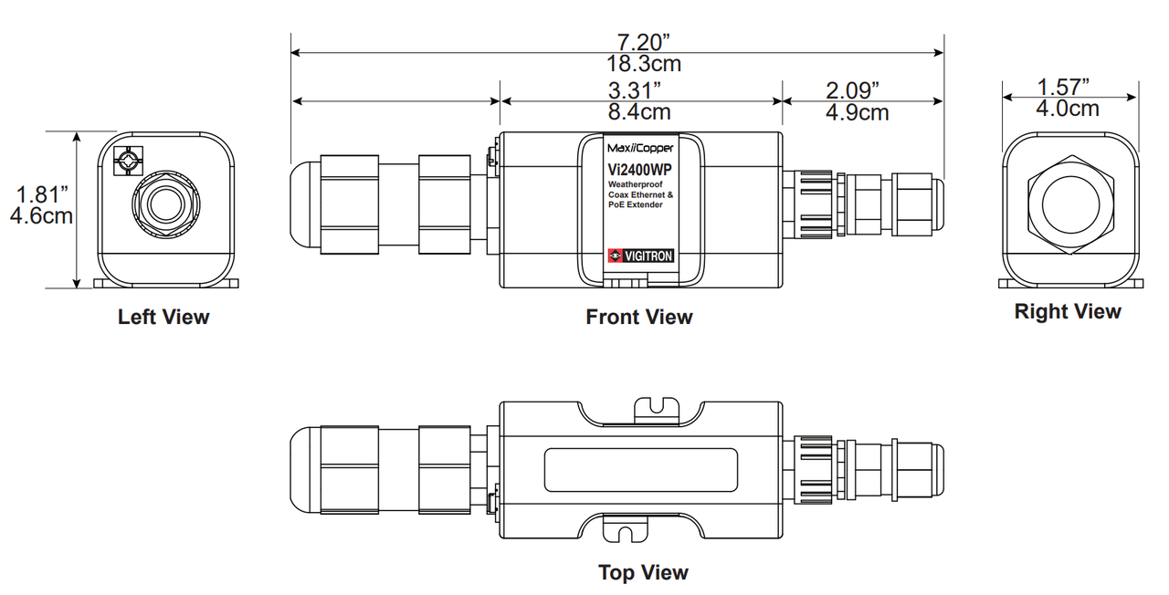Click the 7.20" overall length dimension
(644, 42)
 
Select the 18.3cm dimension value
(644, 64)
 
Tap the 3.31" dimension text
(635, 90)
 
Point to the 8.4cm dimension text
(639, 111)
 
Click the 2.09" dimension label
(852, 90)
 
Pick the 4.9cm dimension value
(858, 112)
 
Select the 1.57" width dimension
(1063, 87)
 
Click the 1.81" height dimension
(42, 194)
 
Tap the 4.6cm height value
(41, 216)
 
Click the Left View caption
(163, 317)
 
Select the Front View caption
(639, 317)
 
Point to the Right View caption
(1068, 311)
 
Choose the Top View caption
(644, 572)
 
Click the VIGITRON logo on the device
(641, 256)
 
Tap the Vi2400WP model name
(640, 170)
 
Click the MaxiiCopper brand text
(640, 148)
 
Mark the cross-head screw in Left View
(128, 162)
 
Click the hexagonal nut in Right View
(1071, 204)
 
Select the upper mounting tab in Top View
(657, 410)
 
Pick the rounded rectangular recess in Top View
(641, 470)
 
